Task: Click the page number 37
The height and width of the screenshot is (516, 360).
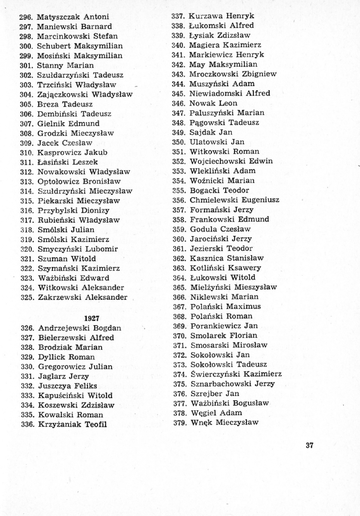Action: pos(309,445)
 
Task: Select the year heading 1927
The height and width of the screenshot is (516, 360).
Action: pos(92,318)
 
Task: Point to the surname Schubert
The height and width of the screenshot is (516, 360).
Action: pos(54,46)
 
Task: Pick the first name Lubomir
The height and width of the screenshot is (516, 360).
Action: pos(102,249)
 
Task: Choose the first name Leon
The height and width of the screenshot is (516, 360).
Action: pos(228,103)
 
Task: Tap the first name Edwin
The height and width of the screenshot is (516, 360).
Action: pos(260,161)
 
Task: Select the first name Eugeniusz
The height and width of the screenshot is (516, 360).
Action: pos(260,200)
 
